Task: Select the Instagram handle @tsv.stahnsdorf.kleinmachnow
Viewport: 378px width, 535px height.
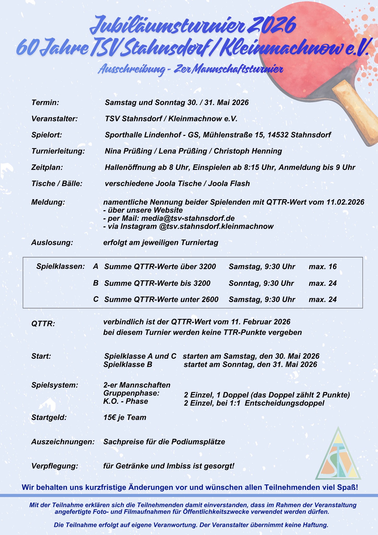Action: pyautogui.click(x=216, y=226)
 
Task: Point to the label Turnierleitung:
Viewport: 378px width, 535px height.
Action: pyautogui.click(x=58, y=151)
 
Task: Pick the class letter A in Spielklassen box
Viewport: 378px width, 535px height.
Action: pyautogui.click(x=96, y=267)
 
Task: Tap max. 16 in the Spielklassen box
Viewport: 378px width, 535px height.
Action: pyautogui.click(x=323, y=267)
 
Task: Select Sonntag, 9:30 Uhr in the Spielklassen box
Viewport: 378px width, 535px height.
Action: pyautogui.click(x=261, y=283)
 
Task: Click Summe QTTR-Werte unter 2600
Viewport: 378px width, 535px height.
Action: pyautogui.click(x=161, y=299)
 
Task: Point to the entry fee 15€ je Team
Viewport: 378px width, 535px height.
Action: pyautogui.click(x=125, y=417)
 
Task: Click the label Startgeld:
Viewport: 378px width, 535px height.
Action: pyautogui.click(x=49, y=417)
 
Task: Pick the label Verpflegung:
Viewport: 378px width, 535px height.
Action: pyautogui.click(x=55, y=466)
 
